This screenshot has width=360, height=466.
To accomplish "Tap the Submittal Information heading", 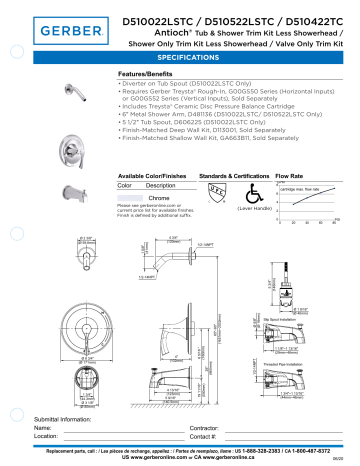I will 70,417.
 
